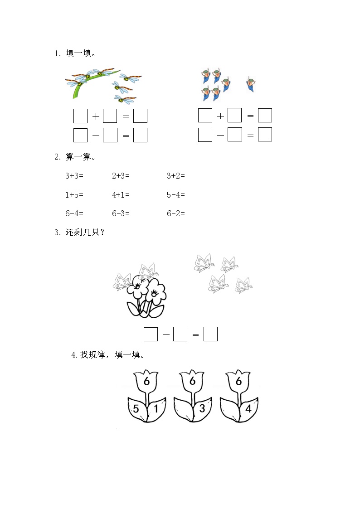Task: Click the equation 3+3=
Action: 74,175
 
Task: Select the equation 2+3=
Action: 121,175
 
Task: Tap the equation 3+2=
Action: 176,175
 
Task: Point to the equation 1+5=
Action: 74,194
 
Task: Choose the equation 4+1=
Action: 121,194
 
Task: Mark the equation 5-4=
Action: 176,194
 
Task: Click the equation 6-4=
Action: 74,213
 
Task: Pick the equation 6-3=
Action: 121,213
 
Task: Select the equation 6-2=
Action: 176,213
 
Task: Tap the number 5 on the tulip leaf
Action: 136,409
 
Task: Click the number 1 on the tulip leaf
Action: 156,409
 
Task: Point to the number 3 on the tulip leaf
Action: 202,408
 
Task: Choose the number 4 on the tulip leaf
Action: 248,408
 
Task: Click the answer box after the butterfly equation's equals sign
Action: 210,334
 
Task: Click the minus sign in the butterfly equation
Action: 165,334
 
